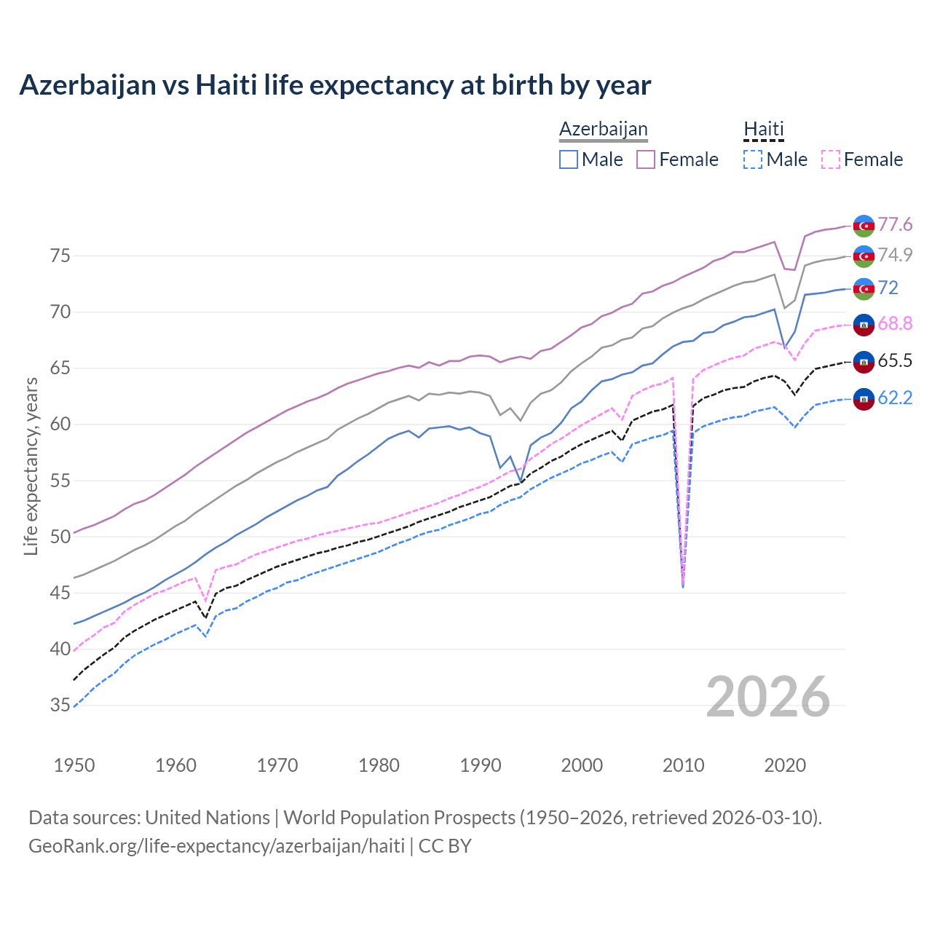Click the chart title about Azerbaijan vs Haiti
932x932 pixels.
click(x=335, y=85)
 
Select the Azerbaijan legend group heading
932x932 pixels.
click(x=603, y=129)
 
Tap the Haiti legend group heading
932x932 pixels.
click(x=763, y=129)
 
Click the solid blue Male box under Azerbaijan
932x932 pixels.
click(x=569, y=159)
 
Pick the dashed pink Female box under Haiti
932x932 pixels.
click(x=831, y=159)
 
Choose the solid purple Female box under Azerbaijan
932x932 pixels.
click(x=646, y=159)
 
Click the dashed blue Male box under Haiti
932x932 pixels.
click(x=753, y=159)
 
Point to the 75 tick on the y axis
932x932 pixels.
click(x=60, y=256)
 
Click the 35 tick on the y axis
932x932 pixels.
click(x=60, y=705)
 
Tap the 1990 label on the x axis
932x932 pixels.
click(x=481, y=765)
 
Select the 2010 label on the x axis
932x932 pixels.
click(x=683, y=765)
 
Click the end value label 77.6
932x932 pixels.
click(x=895, y=224)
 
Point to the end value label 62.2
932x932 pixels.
click(x=895, y=398)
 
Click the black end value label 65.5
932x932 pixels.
click(x=895, y=360)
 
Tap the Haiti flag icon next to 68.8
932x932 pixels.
click(x=864, y=324)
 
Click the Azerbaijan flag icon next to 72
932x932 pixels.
click(x=864, y=288)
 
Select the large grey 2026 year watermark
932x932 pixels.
click(x=767, y=697)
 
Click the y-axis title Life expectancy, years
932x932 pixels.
click(x=31, y=466)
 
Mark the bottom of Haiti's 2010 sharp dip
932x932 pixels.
click(x=683, y=585)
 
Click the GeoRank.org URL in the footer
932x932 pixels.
click(x=216, y=845)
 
